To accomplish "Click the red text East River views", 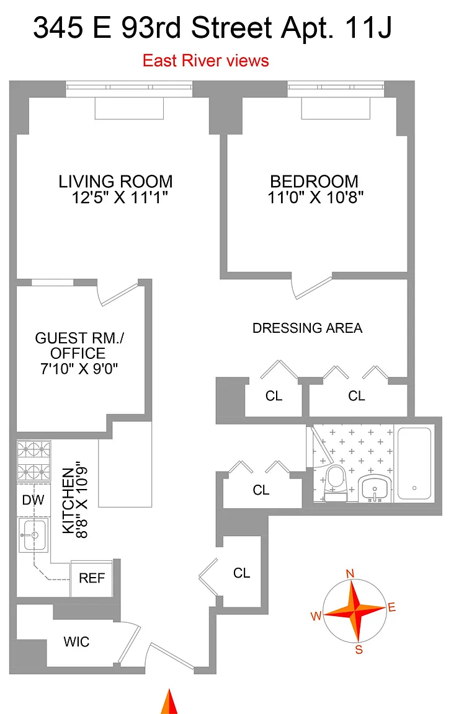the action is (x=205, y=61).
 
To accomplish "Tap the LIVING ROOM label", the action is (x=116, y=181).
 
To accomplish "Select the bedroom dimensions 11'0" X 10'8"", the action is (x=315, y=198).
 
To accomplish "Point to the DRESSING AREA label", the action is (x=308, y=328).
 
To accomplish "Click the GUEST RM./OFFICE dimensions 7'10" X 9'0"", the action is (x=79, y=368).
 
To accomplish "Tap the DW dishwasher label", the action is (x=33, y=500).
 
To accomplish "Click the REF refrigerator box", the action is (x=92, y=578).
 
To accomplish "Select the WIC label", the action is (x=76, y=641).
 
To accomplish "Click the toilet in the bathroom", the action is (x=337, y=483).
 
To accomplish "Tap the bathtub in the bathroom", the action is (x=414, y=464).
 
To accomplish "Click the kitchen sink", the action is (x=33, y=535).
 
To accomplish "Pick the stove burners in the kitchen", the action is (x=33, y=461).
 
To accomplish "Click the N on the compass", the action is (x=350, y=574).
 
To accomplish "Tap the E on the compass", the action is (x=391, y=607).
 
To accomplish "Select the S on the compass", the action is (x=359, y=650).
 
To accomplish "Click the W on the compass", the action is (x=316, y=616).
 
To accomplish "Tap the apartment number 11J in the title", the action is (x=368, y=28).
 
